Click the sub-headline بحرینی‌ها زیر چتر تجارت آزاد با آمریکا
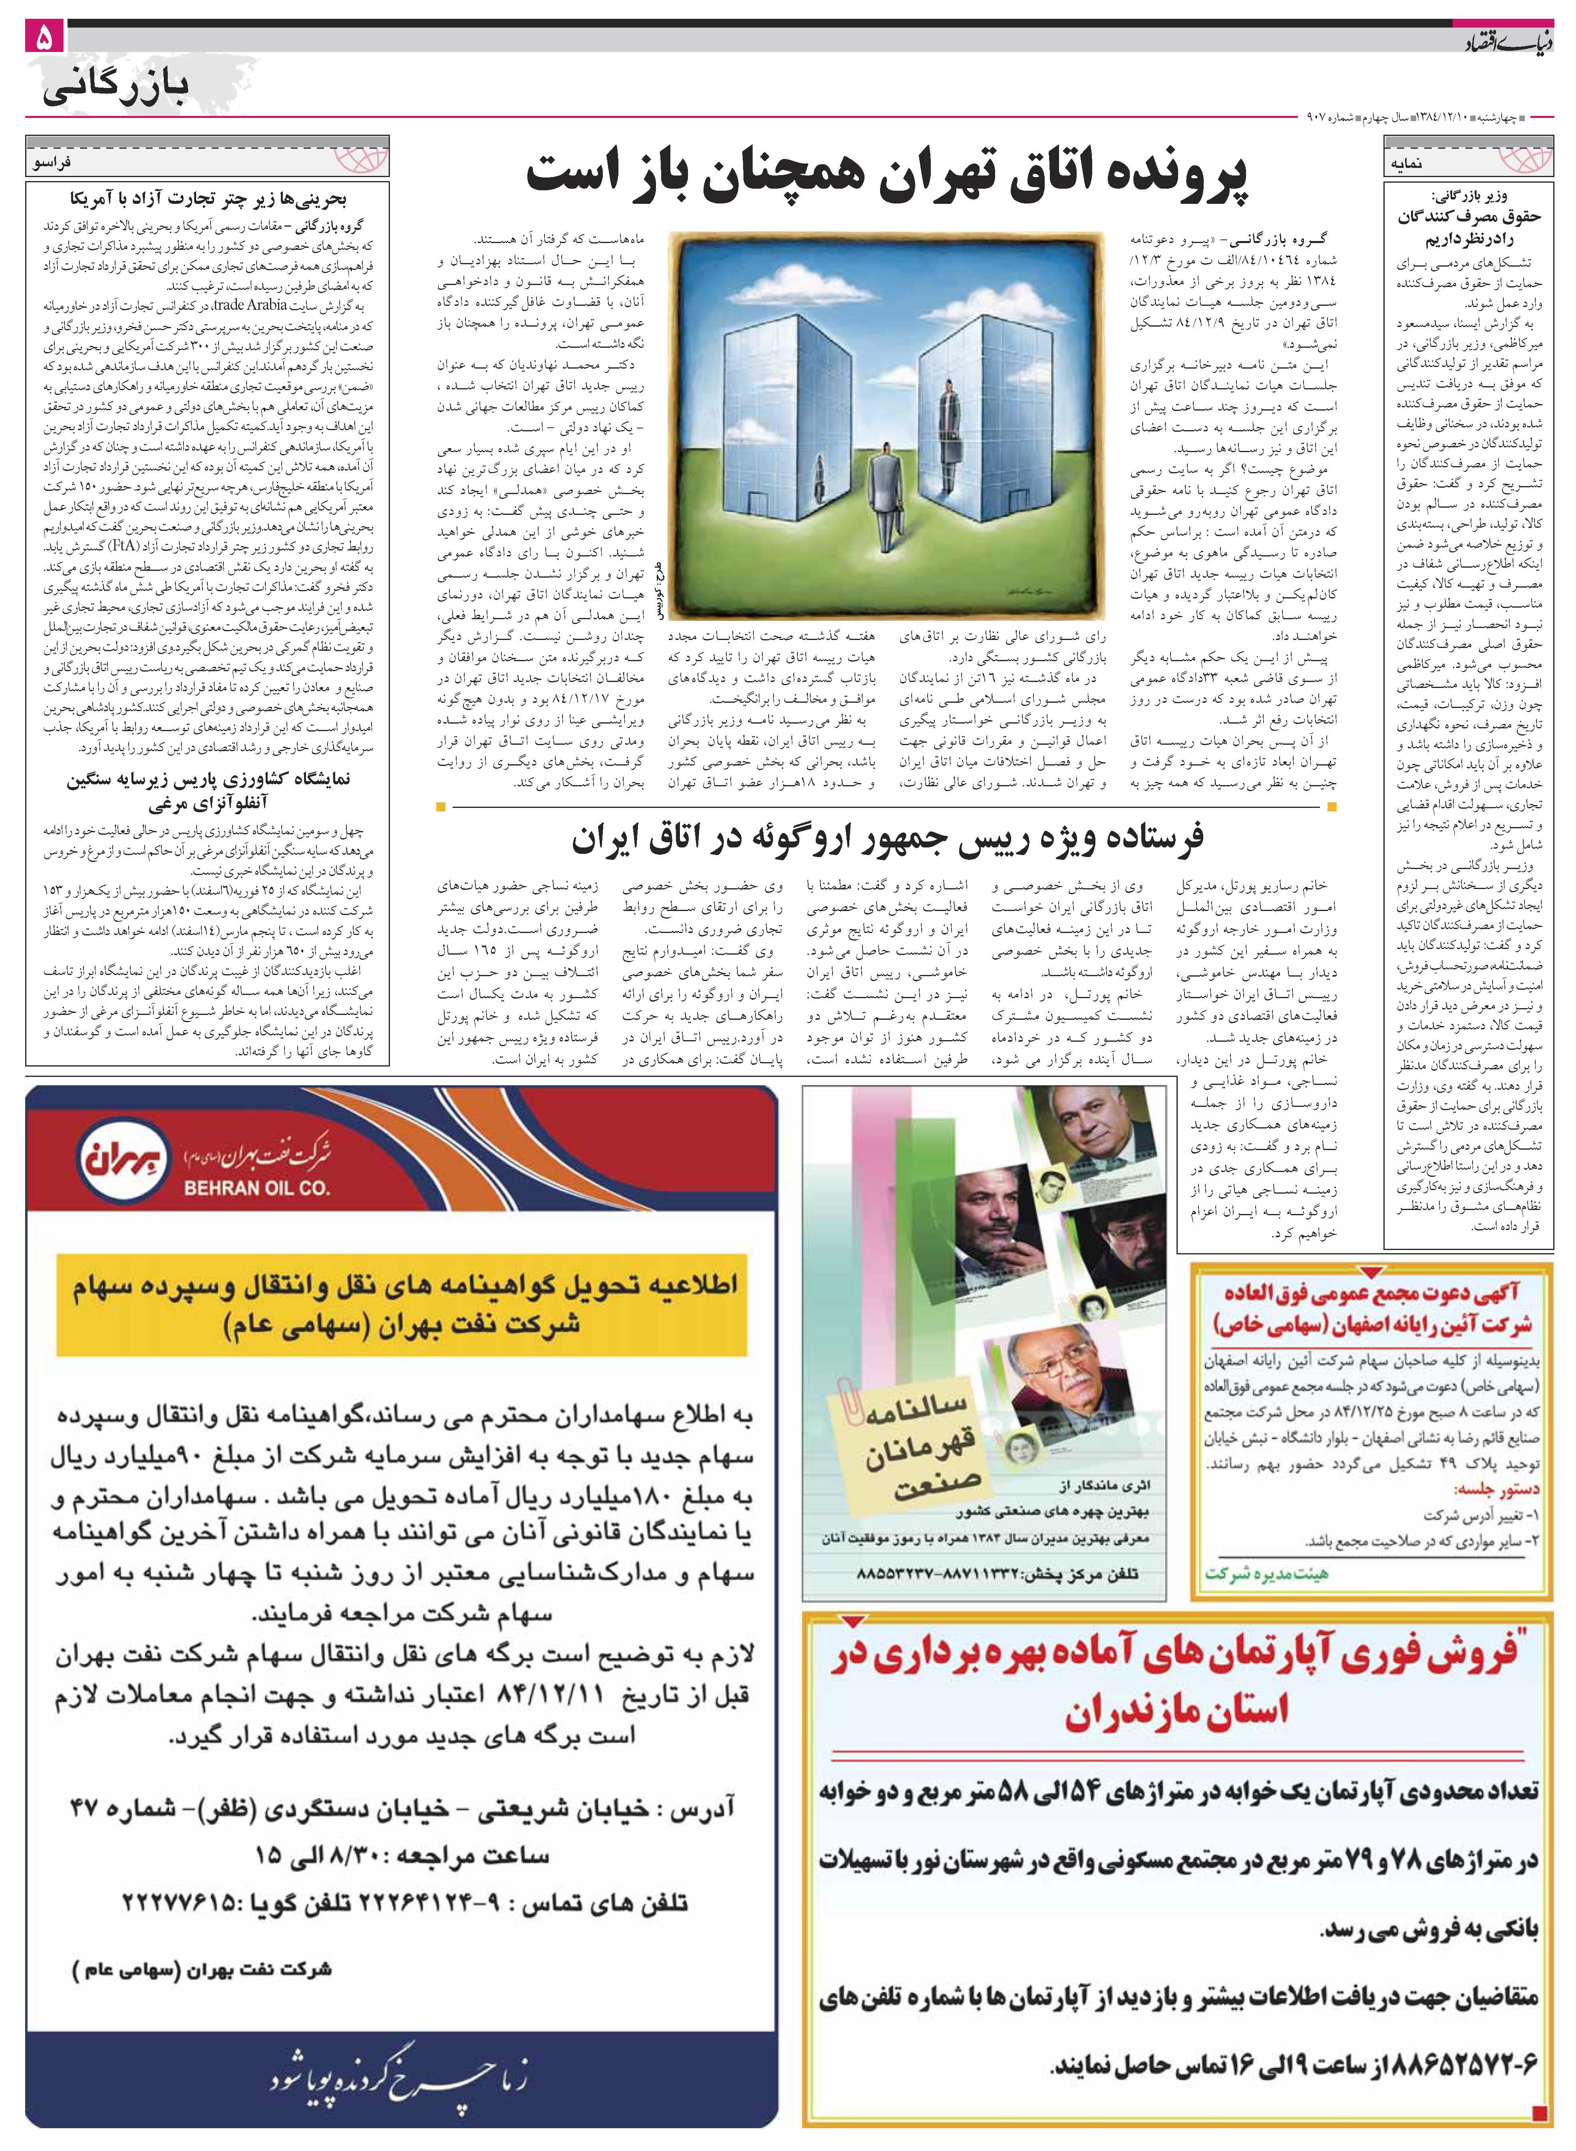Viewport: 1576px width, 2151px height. point(208,200)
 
